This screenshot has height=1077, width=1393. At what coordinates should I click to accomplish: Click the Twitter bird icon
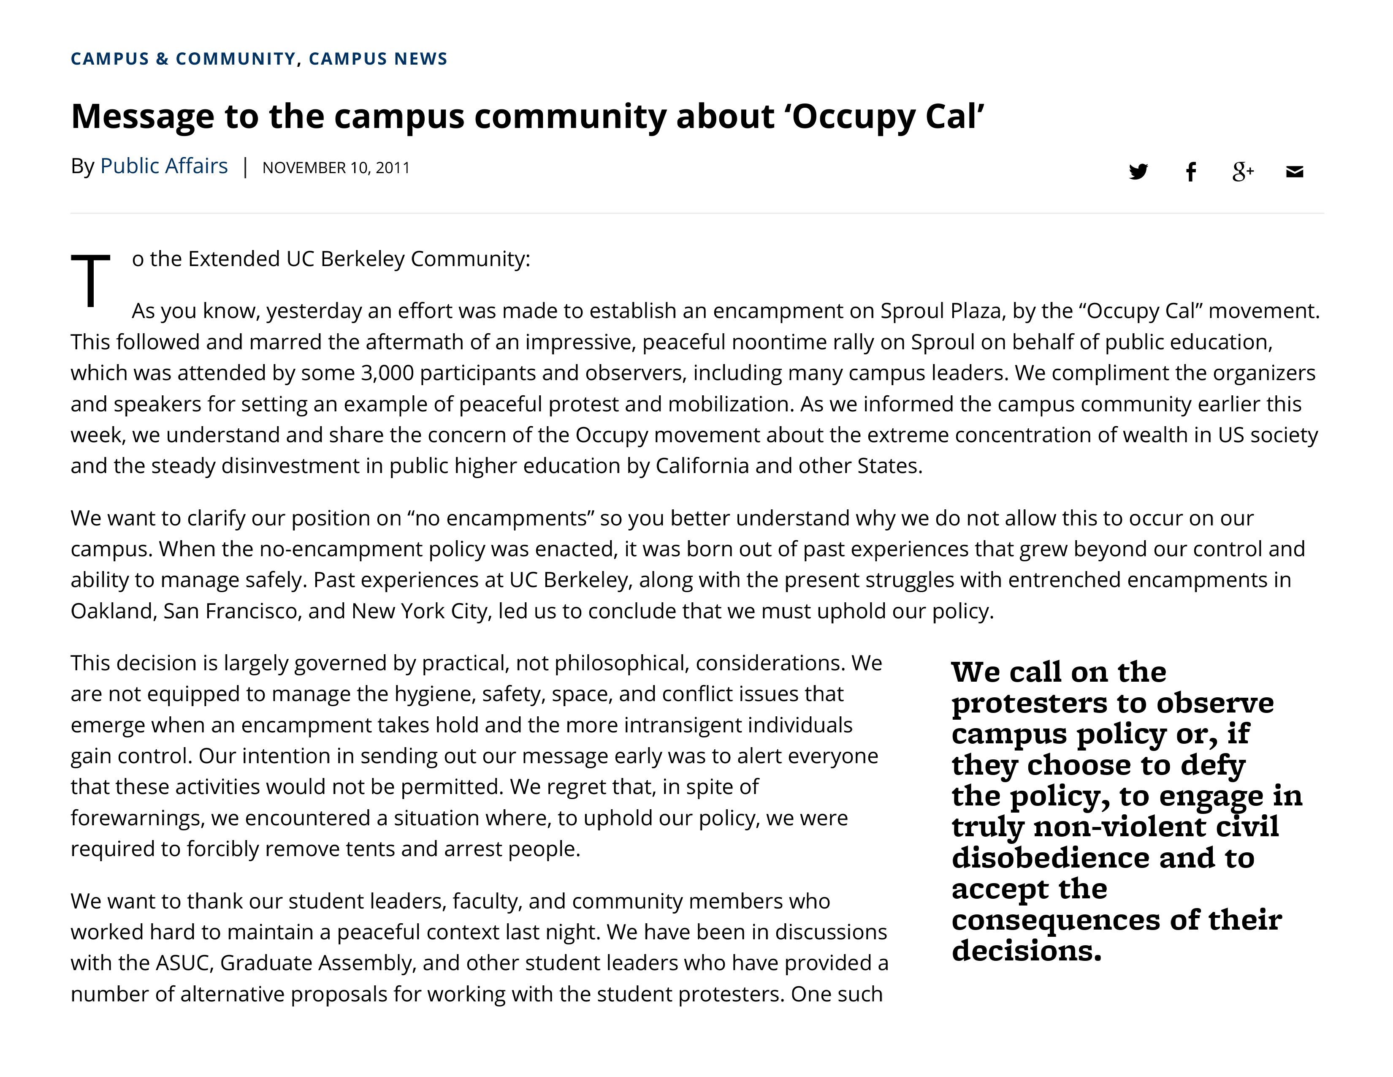(x=1138, y=171)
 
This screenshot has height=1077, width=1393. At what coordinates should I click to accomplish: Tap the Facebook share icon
(x=1190, y=171)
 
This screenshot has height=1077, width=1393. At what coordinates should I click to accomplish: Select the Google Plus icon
(x=1242, y=171)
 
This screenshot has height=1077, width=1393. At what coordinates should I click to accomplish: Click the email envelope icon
(x=1295, y=171)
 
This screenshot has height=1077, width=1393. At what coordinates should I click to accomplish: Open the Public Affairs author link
(x=164, y=166)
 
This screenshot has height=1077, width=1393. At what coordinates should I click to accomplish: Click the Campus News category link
(x=378, y=59)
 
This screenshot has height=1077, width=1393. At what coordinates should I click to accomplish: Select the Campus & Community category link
(x=183, y=59)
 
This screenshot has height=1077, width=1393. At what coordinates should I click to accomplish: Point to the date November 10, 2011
(x=336, y=168)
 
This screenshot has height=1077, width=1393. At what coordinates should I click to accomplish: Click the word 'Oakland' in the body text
(x=111, y=611)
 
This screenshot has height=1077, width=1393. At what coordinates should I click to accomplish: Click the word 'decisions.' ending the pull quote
(x=1026, y=951)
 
